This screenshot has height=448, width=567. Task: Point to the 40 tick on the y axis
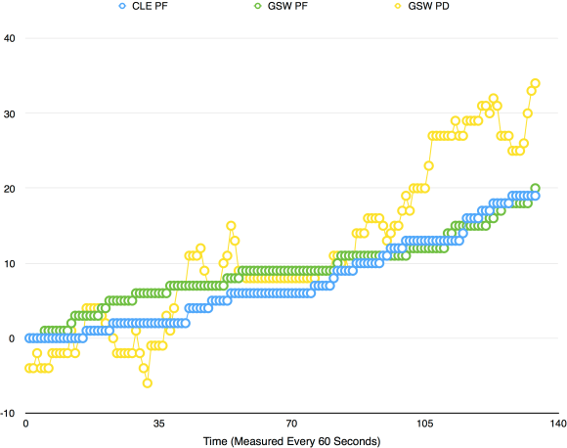[9, 38]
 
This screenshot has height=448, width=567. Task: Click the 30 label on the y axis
[9, 113]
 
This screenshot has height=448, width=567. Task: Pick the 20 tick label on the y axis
[9, 188]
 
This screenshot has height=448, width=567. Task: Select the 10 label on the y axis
[9, 263]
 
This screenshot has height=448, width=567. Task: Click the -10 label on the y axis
[7, 413]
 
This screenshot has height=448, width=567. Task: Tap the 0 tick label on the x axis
[26, 425]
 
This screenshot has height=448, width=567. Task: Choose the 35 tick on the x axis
[158, 425]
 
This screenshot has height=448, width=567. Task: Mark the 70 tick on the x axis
[291, 425]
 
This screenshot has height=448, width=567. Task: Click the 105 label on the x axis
[424, 425]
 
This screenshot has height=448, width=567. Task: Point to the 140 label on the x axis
[556, 425]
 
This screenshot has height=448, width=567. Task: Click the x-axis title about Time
[291, 441]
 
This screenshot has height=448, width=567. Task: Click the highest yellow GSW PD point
[535, 83]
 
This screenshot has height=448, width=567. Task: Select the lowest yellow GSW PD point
[147, 382]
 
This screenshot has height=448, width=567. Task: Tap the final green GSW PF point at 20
[535, 188]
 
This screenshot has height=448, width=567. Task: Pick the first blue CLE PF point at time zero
[29, 338]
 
